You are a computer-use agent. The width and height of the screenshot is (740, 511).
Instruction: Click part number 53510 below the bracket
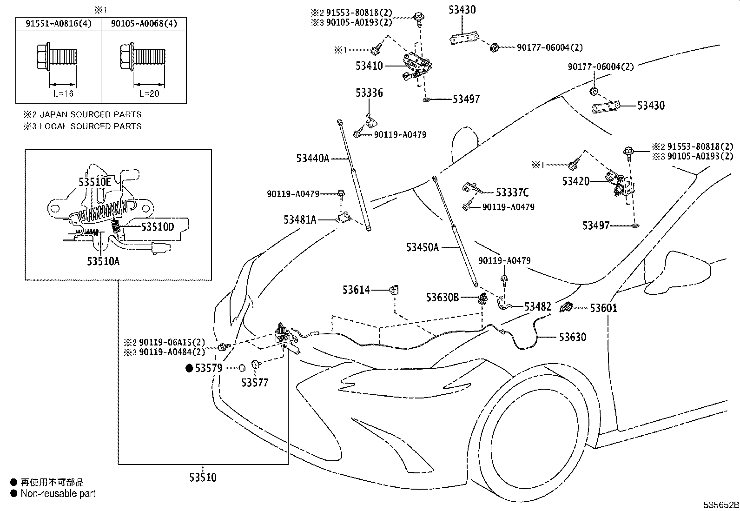203,477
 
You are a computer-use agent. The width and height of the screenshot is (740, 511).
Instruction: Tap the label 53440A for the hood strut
312,159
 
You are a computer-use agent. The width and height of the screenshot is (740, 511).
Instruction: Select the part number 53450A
422,247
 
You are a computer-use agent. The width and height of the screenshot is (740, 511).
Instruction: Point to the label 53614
356,290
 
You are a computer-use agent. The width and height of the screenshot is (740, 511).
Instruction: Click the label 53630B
442,297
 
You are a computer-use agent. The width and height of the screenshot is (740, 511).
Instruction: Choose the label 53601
604,308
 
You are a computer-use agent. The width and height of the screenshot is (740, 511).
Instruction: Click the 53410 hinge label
369,66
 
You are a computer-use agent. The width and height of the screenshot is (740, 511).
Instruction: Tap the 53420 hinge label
575,181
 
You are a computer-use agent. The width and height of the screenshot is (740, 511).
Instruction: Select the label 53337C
512,192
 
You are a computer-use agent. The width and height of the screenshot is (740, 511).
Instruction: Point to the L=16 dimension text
63,93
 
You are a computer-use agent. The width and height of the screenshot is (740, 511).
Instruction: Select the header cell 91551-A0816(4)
58,24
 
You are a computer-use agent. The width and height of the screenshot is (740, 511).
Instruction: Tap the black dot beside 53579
189,368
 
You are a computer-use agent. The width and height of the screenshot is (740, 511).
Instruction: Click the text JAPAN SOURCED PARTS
90,114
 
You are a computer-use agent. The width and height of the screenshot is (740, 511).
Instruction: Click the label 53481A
300,219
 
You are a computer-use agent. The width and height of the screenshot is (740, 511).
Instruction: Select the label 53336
369,93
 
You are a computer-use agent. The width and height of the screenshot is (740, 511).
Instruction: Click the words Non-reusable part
58,494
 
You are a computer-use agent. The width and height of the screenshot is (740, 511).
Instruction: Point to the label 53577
255,383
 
